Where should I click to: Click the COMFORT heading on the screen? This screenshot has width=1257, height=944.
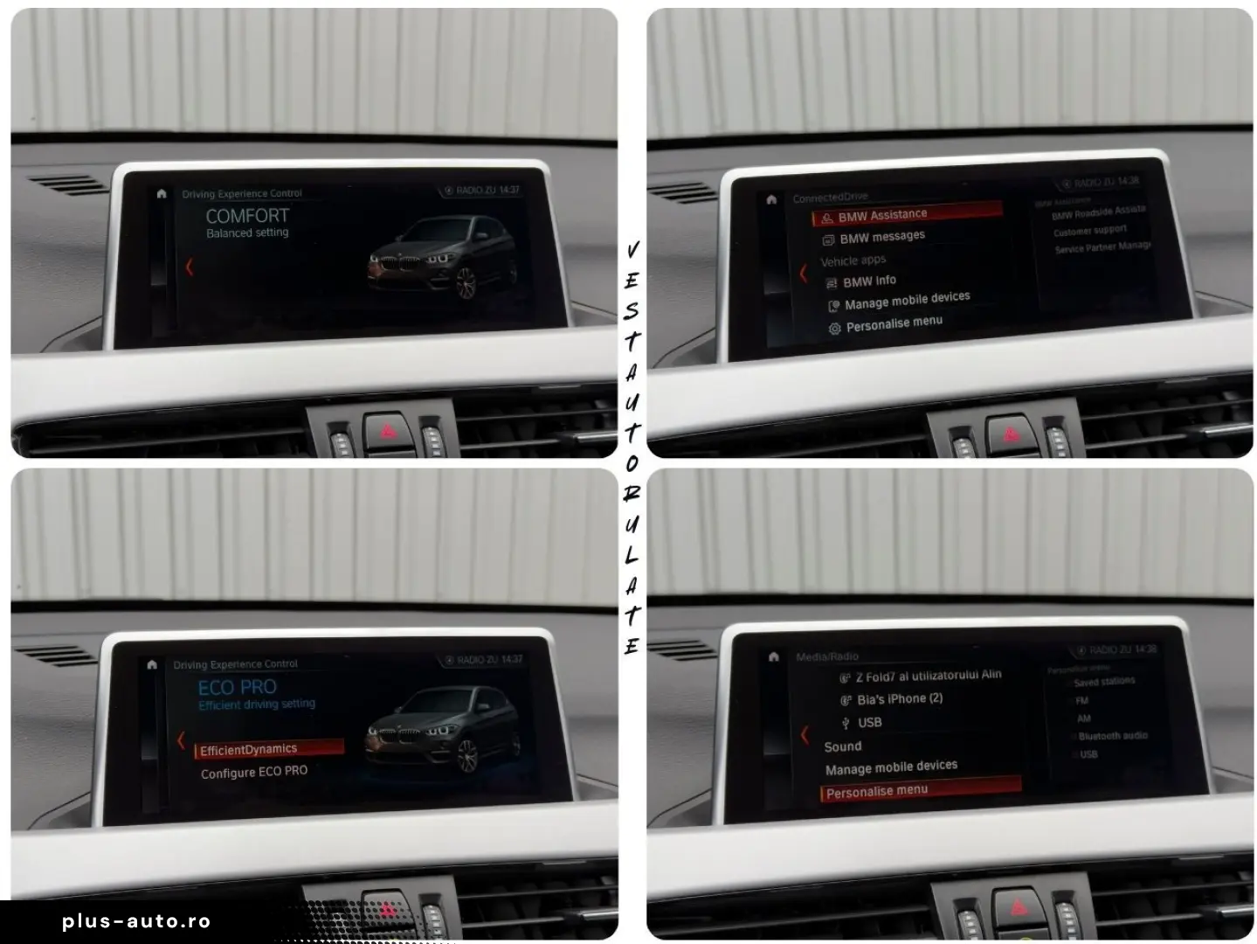click(247, 215)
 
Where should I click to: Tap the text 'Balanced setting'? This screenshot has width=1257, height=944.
click(247, 233)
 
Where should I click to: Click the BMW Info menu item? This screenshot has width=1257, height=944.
click(868, 281)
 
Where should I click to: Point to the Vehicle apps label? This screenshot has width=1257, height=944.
click(853, 260)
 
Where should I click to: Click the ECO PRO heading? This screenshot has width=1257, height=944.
click(238, 687)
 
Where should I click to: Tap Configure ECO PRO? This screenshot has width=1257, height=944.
click(254, 772)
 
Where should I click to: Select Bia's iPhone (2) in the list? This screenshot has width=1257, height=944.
click(899, 698)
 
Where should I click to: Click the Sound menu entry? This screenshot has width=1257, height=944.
click(843, 746)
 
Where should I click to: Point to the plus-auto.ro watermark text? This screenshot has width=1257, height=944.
click(136, 921)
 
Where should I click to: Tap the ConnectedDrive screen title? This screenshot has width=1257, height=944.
click(830, 198)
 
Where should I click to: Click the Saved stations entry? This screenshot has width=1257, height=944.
click(1104, 682)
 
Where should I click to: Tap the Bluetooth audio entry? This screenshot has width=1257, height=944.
click(1112, 736)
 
